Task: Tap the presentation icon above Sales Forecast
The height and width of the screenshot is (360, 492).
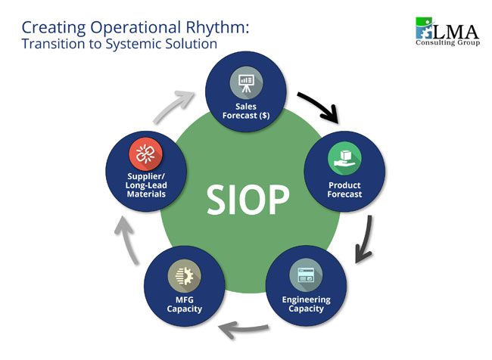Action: (x=246, y=82)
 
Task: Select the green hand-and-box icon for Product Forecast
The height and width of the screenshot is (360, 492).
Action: (x=344, y=158)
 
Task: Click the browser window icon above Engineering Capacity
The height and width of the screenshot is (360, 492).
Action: (x=306, y=275)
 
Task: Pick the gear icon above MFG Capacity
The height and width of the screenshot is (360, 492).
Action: (x=185, y=275)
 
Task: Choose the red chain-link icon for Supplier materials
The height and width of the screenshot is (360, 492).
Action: (x=145, y=155)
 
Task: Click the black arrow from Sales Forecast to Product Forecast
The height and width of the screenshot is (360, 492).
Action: (x=319, y=107)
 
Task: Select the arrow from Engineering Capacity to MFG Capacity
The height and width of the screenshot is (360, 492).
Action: (x=244, y=327)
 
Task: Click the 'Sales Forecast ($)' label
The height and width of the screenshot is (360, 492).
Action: (x=246, y=111)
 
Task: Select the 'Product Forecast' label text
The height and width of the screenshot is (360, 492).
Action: (x=344, y=189)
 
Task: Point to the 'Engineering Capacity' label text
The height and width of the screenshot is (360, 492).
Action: (x=306, y=304)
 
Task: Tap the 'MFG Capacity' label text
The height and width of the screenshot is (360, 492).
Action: (x=185, y=304)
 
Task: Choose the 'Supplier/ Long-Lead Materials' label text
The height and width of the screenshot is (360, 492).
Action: (x=145, y=185)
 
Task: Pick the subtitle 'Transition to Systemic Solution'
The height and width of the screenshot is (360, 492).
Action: (x=120, y=44)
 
